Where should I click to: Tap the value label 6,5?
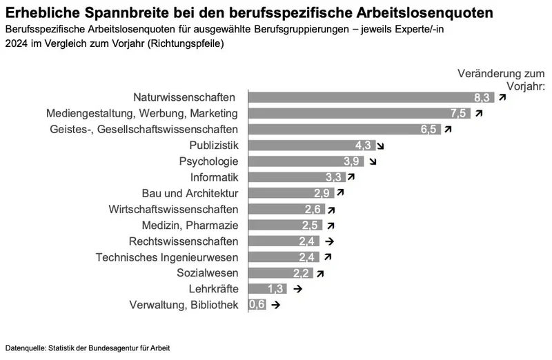429,129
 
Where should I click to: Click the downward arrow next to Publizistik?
380,146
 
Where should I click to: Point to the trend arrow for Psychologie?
373,161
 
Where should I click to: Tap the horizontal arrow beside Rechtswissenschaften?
330,241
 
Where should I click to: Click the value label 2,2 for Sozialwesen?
302,273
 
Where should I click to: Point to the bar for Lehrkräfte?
262,289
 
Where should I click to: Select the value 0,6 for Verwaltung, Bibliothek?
257,305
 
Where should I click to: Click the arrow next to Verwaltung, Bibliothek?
276,305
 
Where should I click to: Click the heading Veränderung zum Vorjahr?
501,80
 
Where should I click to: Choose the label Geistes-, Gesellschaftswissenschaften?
144,129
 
